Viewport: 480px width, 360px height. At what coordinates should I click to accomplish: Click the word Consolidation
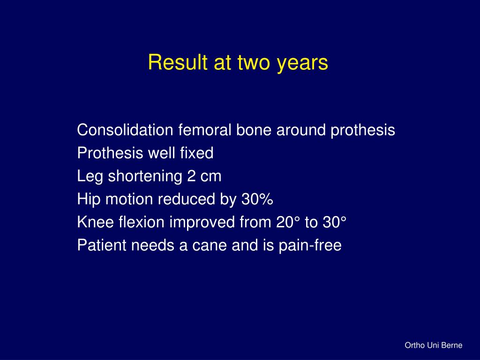tap(125, 130)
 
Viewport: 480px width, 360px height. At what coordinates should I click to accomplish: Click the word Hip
tap(89, 200)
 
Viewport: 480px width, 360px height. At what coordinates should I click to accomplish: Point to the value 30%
tap(257, 200)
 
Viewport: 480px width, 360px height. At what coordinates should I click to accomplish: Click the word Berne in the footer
tap(452, 345)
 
